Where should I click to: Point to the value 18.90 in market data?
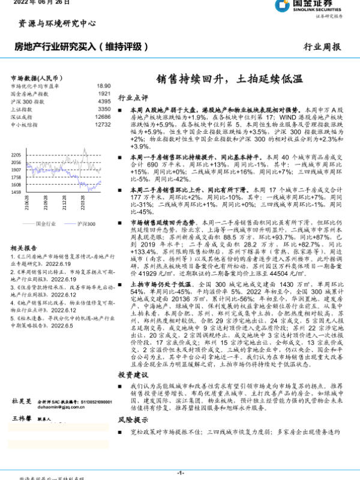point(103,86)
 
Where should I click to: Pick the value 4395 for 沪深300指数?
point(103,102)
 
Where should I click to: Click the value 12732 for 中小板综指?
point(102,125)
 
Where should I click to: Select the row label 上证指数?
point(22,110)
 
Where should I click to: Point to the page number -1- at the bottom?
point(180,473)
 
